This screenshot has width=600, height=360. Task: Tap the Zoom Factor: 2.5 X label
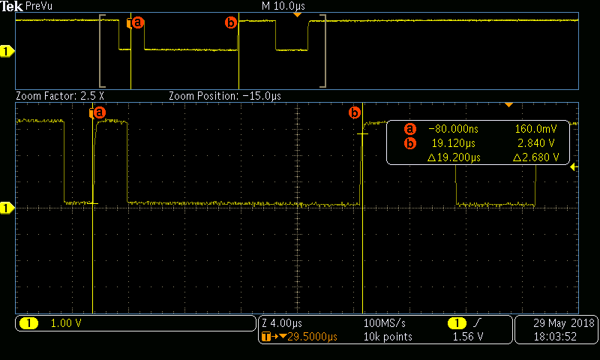(x=60, y=96)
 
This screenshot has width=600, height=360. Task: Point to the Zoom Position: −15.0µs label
(x=225, y=96)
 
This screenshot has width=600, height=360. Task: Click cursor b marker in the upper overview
(x=231, y=22)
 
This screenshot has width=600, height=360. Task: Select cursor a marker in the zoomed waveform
(x=97, y=113)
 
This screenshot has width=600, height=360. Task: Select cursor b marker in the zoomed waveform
(x=355, y=113)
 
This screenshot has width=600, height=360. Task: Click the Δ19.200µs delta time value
(x=453, y=157)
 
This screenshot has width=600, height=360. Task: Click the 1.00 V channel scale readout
(x=66, y=323)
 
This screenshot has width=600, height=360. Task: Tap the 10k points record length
(x=387, y=337)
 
